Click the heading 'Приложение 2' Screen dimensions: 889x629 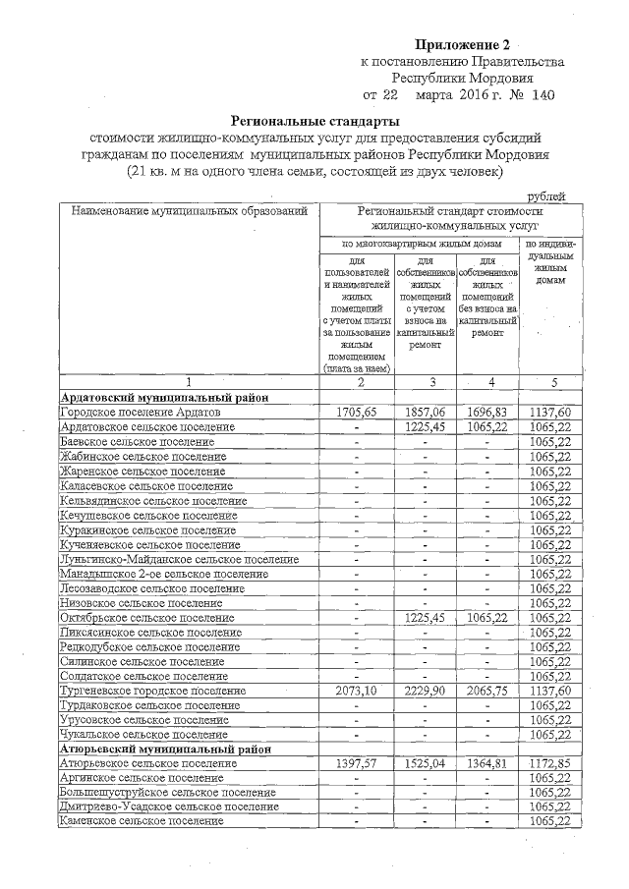pyautogui.click(x=463, y=44)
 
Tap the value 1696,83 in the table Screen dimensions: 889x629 pyautogui.click(x=487, y=413)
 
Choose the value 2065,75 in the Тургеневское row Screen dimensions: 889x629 pyautogui.click(x=487, y=691)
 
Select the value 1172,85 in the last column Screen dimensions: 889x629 pyautogui.click(x=549, y=763)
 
